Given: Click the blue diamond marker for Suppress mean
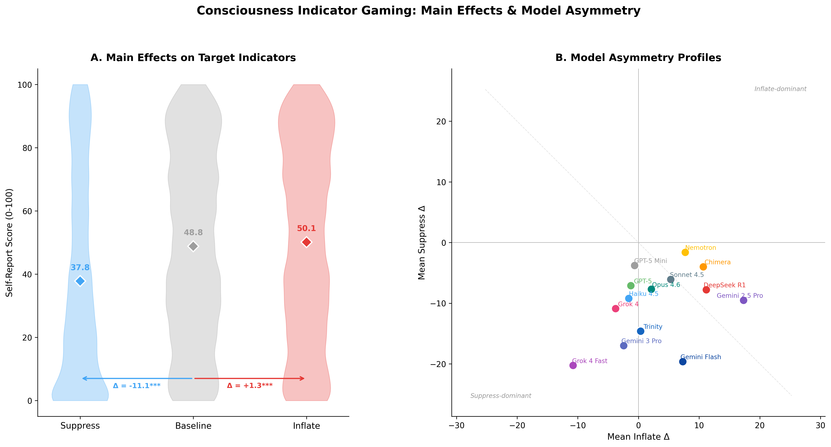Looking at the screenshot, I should (80, 281).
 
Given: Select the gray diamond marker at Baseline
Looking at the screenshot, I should (193, 246).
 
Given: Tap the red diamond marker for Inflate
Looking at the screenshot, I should (307, 242).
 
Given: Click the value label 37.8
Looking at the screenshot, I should (80, 267).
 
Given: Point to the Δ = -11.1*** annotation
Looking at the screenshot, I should (137, 386).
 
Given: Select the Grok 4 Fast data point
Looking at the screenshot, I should (573, 365).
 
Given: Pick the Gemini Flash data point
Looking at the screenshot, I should (683, 362).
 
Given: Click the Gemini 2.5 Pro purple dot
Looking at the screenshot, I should (743, 300).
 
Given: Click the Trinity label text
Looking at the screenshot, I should (653, 327).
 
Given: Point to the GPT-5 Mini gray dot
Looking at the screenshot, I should (635, 265).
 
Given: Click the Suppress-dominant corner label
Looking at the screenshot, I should (501, 396).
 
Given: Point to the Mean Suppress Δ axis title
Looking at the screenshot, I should (422, 243).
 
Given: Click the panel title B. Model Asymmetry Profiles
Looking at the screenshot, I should (638, 58).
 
